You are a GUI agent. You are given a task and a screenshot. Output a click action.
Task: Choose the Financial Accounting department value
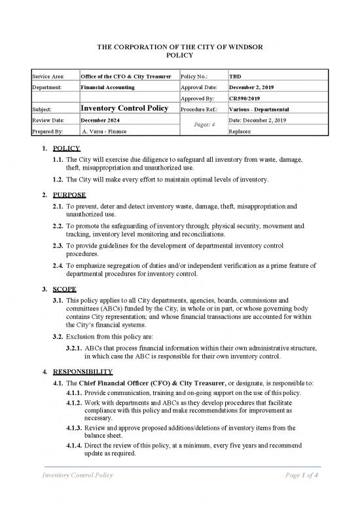107,87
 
